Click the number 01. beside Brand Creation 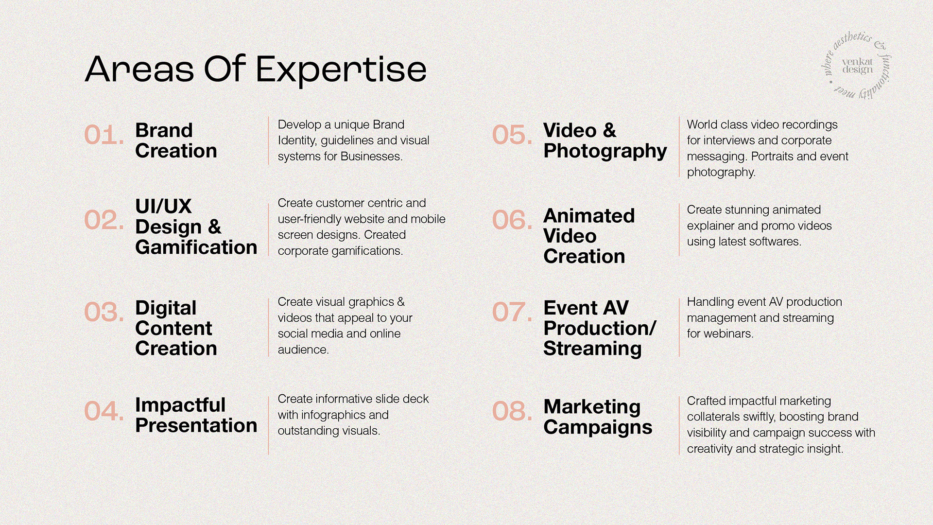point(104,135)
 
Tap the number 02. point(104,220)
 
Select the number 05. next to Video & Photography point(512,135)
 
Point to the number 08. point(512,411)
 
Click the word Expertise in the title point(341,70)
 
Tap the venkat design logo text point(858,66)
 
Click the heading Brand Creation point(176,140)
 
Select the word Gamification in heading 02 point(196,247)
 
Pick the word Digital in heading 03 point(166,308)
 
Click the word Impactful point(180,405)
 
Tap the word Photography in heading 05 point(605,152)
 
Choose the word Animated point(589,216)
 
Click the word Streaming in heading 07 point(592,349)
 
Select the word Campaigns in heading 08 point(598,428)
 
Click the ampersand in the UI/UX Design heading point(214,227)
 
